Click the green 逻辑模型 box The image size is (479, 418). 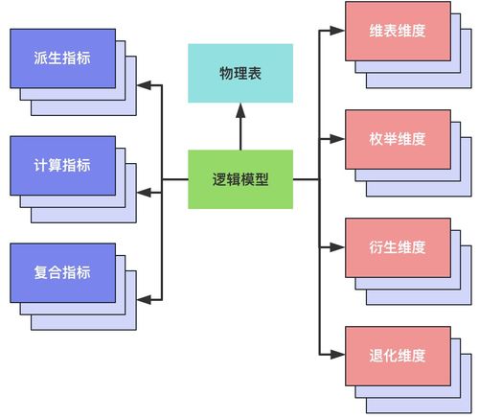(239, 179)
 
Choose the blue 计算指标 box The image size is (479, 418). (62, 165)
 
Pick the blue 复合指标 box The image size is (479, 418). (62, 272)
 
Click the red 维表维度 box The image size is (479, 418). (397, 31)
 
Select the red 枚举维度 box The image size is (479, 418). (397, 139)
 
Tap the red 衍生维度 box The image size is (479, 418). (397, 247)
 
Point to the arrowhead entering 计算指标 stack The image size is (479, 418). (144, 194)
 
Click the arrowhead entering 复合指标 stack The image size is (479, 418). (144, 300)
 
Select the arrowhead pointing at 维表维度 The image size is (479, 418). (338, 31)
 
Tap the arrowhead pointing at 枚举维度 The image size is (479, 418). (338, 139)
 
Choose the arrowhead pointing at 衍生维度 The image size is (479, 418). (338, 247)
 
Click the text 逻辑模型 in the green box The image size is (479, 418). (239, 179)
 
